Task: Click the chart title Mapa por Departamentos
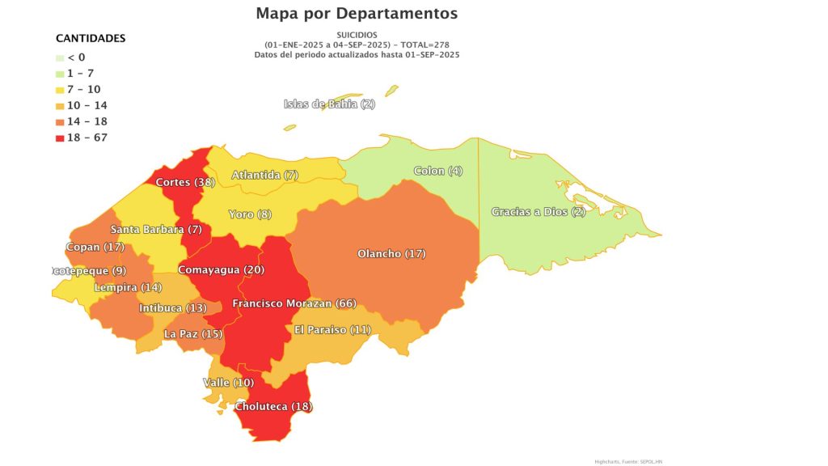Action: [357, 14]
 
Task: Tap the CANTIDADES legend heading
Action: [90, 38]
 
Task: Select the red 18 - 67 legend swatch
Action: [61, 138]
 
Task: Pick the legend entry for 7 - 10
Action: [84, 90]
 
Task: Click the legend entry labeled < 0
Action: [76, 57]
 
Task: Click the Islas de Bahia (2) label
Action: [329, 104]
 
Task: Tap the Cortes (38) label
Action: [185, 182]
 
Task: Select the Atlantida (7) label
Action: [264, 175]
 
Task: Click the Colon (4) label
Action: [438, 171]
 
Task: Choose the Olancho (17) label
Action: [391, 254]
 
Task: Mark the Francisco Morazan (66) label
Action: [294, 303]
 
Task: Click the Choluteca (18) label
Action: [273, 406]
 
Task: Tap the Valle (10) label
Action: [228, 382]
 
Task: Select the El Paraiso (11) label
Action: [332, 329]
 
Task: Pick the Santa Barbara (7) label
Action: [156, 229]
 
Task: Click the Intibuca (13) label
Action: [172, 308]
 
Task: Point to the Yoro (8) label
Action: [251, 214]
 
